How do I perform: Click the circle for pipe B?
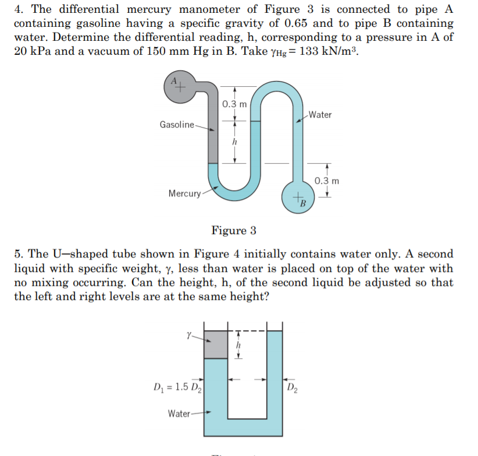pos(298,198)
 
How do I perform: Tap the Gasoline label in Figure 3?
pos(177,125)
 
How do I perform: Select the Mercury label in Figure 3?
pos(184,193)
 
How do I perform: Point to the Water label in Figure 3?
pos(320,115)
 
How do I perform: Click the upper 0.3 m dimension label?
pos(235,105)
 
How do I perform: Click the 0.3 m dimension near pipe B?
pos(327,181)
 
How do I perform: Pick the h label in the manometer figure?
pos(234,142)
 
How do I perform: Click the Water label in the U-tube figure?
pos(179,413)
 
